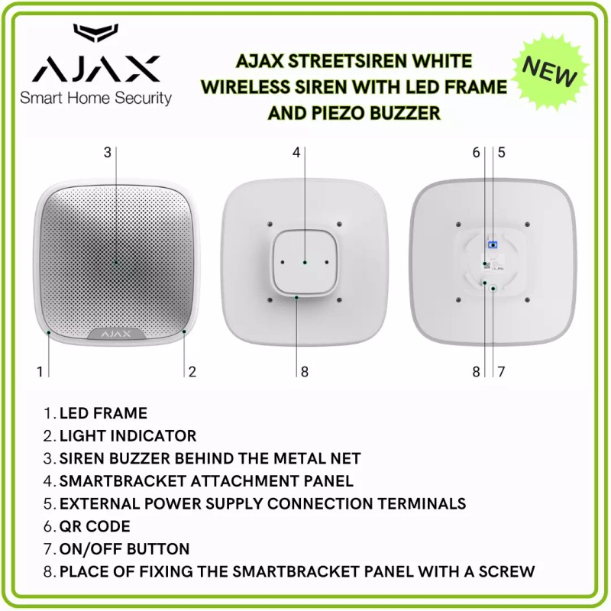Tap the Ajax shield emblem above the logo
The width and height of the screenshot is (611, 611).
[x=95, y=35]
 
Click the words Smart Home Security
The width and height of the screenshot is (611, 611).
[x=95, y=98]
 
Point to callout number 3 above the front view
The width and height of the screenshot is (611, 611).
[x=108, y=152]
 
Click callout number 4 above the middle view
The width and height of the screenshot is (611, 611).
[x=297, y=152]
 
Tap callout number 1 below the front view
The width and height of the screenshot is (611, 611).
[x=39, y=372]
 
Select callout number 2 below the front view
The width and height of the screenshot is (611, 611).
[x=192, y=372]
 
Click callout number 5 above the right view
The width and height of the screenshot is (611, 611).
[x=502, y=152]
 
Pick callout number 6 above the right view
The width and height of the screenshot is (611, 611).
[x=477, y=152]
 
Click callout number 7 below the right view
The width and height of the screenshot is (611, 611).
[x=502, y=372]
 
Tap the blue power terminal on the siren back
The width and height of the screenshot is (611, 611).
[x=493, y=244]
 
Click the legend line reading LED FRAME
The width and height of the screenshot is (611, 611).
[x=103, y=413]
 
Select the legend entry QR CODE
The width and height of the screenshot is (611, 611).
[x=95, y=526]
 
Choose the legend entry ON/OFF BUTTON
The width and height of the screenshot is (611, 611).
[x=124, y=549]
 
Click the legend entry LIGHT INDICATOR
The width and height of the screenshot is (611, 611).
[x=128, y=436]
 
